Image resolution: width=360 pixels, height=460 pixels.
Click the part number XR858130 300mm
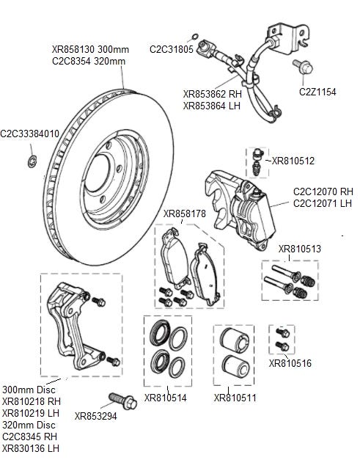pos(90,49)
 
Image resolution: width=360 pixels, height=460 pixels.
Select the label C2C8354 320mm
pos(89,62)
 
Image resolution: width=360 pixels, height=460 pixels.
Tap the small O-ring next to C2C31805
pos(194,37)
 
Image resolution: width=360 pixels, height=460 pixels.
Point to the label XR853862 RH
pos(213,94)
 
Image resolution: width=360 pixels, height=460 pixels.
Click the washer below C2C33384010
pos(32,161)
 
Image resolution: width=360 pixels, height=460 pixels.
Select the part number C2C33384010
pos(29,134)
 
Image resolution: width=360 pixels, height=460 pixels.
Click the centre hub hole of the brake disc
pos(97,173)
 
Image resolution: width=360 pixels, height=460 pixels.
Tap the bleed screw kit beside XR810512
pos(257,161)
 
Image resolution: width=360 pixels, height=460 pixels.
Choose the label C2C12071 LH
pos(323,203)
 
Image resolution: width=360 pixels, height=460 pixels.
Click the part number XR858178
pos(184,213)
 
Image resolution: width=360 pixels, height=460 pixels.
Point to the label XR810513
pos(300,249)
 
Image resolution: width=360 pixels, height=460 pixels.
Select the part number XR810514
pos(166,398)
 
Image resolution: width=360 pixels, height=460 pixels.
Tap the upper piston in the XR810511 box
pos(235,340)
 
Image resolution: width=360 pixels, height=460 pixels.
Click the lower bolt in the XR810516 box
pos(282,346)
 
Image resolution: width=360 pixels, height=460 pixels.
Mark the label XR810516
pos(290,363)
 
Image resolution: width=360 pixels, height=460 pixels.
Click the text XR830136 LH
pos(31,448)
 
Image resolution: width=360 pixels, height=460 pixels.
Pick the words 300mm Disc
pos(29,390)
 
